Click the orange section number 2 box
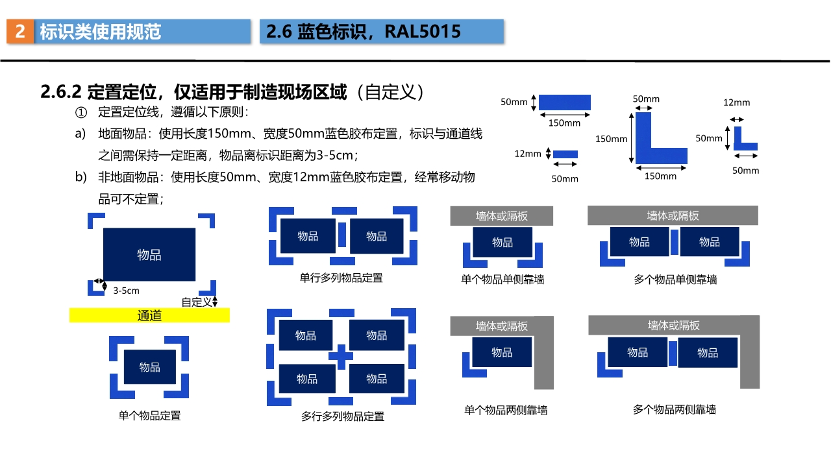(x=20, y=31)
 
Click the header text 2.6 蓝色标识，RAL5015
(x=364, y=31)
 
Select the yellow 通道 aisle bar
(x=149, y=315)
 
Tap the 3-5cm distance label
(x=126, y=291)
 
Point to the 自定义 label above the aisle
(x=196, y=302)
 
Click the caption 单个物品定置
(x=149, y=415)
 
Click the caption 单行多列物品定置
(x=341, y=278)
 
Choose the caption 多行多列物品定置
(x=342, y=416)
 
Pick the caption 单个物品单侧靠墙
(x=502, y=280)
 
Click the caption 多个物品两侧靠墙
(x=675, y=409)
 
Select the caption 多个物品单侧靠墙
(x=675, y=280)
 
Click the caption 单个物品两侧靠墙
(x=505, y=410)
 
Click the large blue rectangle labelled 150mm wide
(x=565, y=102)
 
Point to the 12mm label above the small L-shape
(x=736, y=102)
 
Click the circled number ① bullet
(x=81, y=113)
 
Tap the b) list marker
(x=81, y=177)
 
